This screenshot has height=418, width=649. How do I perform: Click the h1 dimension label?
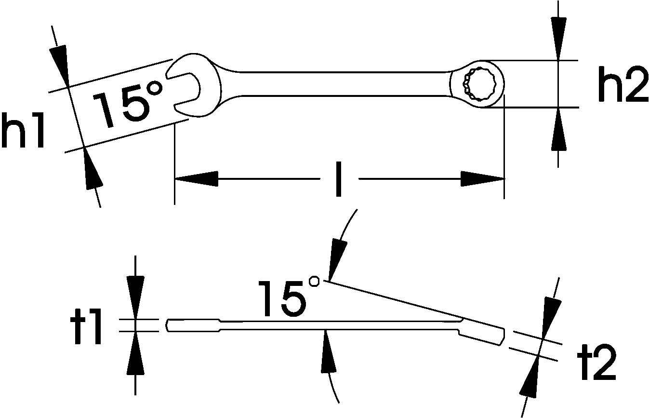(x=23, y=130)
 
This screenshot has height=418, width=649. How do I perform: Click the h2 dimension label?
(x=623, y=84)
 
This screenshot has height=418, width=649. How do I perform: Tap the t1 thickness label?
(x=86, y=326)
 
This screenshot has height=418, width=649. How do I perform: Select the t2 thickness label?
(x=598, y=363)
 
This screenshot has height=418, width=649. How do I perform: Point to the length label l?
(x=338, y=179)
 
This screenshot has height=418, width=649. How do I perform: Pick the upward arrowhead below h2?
(x=558, y=129)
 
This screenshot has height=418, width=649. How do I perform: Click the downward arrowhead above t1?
(x=135, y=297)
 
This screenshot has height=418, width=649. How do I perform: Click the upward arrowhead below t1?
(x=135, y=353)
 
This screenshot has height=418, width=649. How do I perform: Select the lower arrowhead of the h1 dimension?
(x=93, y=168)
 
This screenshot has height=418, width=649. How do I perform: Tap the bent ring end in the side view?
(x=481, y=333)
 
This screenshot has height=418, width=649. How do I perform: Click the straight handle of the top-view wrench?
(x=345, y=84)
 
